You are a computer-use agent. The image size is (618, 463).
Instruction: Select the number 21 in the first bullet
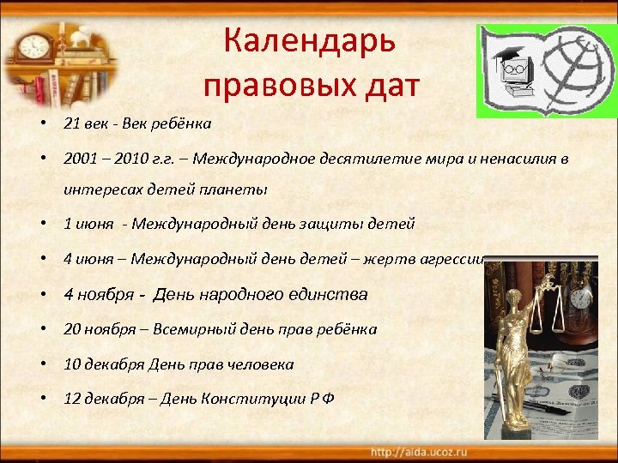(x=71, y=123)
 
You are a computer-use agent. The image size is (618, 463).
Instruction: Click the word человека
(x=261, y=364)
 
